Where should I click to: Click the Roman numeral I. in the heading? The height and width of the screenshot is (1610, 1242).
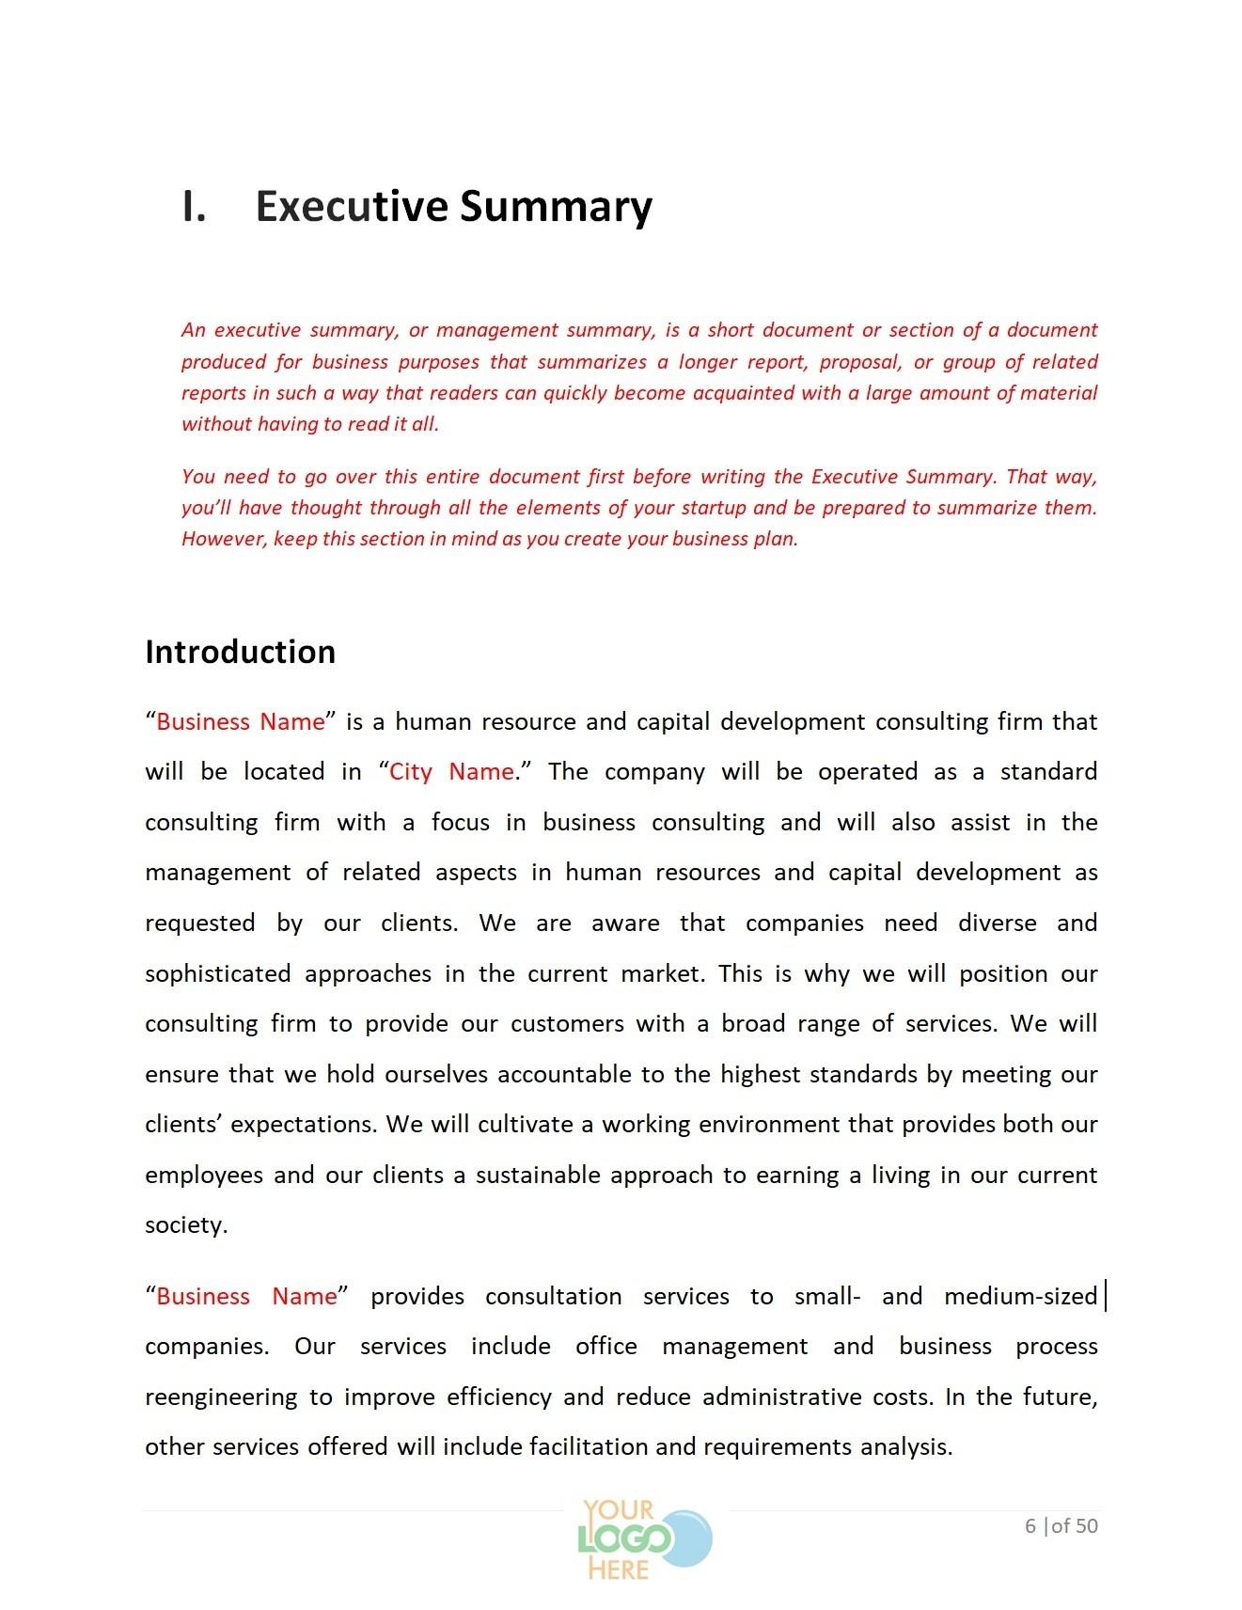(194, 207)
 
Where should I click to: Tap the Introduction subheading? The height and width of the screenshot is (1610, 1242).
(240, 652)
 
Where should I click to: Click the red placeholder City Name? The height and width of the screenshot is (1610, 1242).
(451, 772)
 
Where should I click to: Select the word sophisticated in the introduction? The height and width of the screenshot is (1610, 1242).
(218, 974)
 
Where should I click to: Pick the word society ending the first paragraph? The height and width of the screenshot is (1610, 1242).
(184, 1225)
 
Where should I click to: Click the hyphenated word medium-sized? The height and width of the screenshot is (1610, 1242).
(1020, 1297)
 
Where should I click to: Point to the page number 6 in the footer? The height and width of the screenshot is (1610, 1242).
(1030, 1526)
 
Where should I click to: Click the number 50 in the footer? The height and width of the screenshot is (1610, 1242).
(1087, 1526)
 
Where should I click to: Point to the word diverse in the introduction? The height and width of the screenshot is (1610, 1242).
(997, 923)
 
